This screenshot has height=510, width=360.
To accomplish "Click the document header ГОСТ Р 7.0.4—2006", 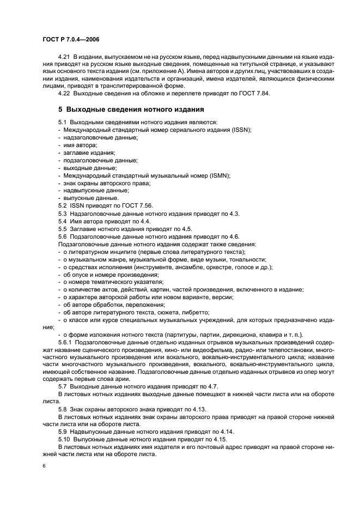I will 71,40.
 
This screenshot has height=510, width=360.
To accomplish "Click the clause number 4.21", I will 65,57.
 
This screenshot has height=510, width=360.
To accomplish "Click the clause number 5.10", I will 66,439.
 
